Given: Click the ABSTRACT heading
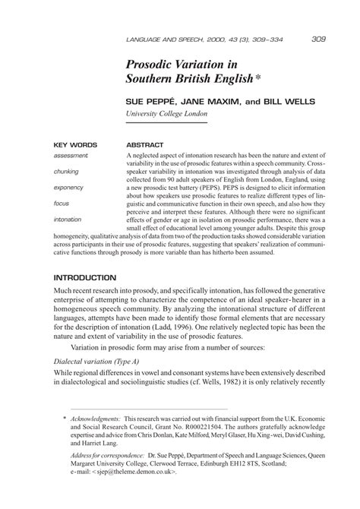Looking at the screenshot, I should [145, 144].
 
